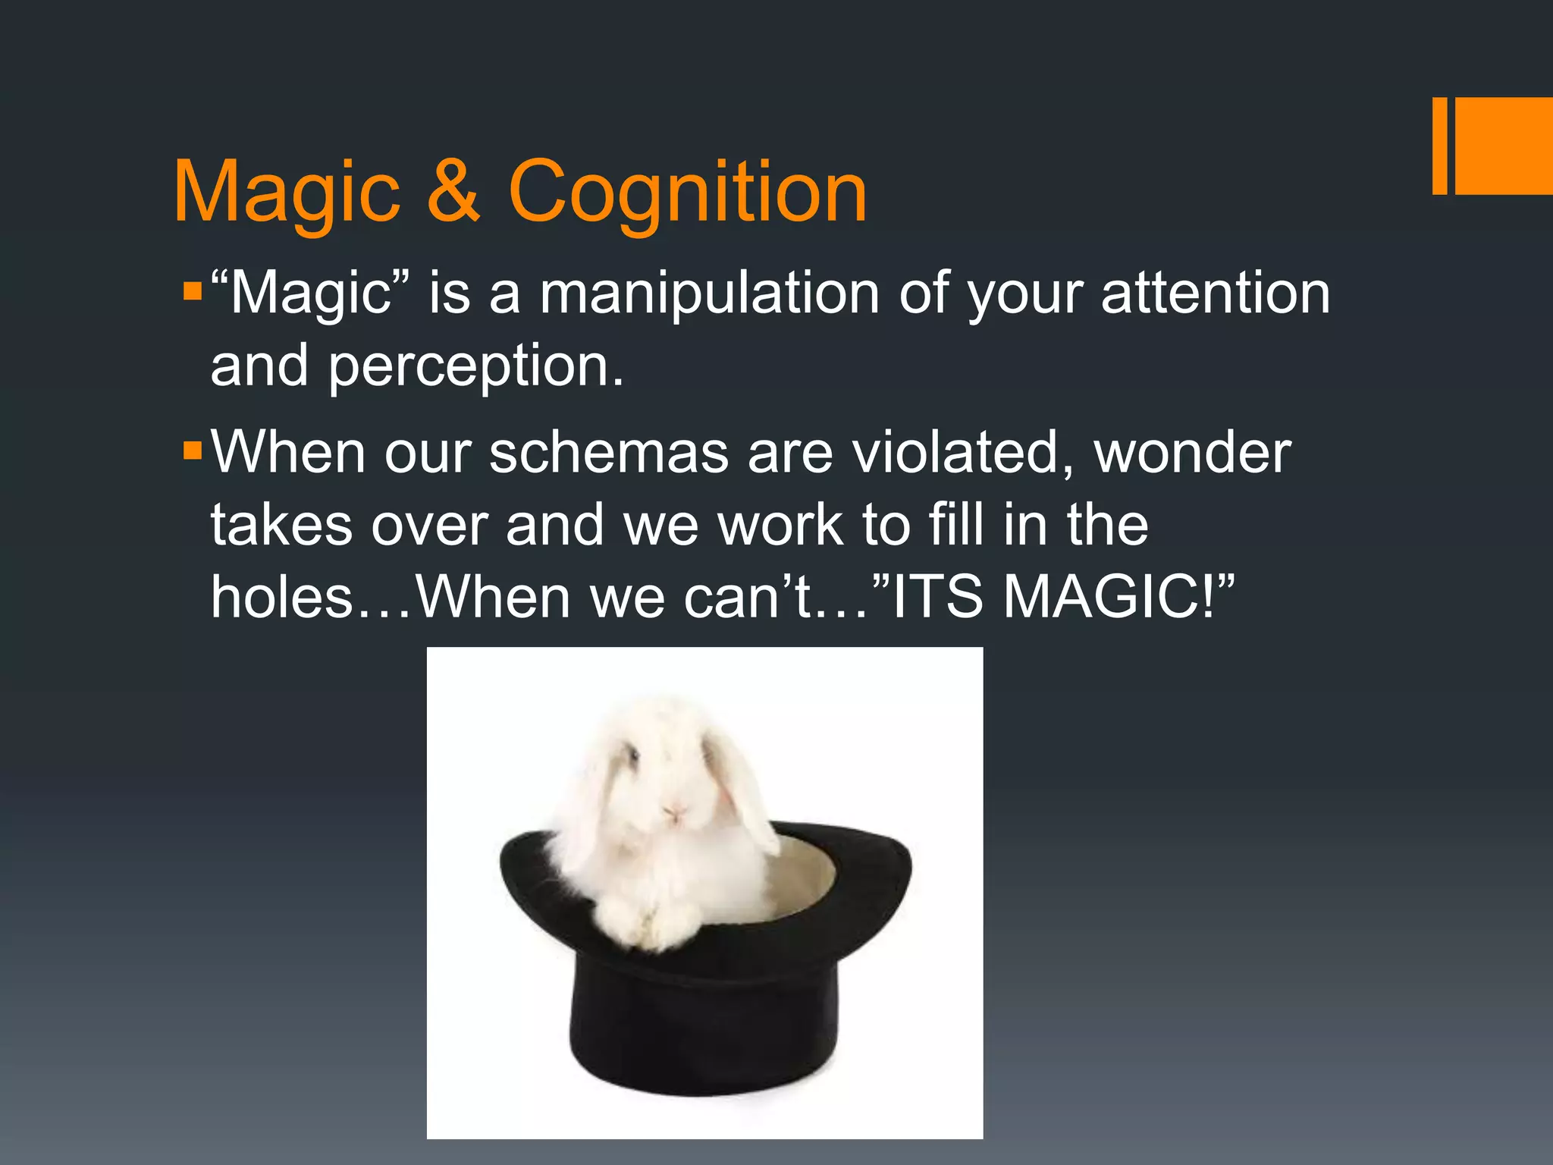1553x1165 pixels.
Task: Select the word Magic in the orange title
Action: pos(287,194)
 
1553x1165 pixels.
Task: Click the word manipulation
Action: pos(709,294)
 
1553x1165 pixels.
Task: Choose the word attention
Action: pos(1215,294)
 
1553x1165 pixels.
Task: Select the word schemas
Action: pos(607,453)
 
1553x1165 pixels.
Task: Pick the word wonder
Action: pos(1192,453)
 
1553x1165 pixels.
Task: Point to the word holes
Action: pos(283,597)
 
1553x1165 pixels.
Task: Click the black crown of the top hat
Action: pos(705,1016)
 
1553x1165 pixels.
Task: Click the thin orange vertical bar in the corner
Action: pos(1439,146)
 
